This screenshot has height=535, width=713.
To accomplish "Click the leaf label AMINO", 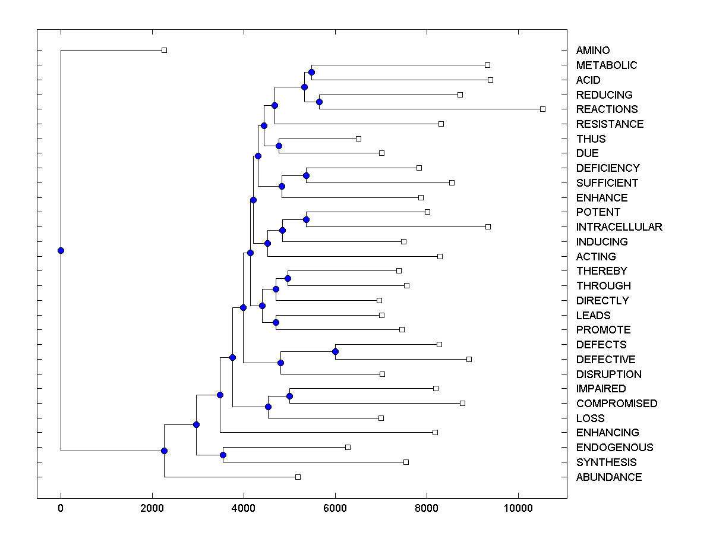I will (x=592, y=51).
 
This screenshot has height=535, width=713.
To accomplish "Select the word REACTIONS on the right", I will (x=607, y=109).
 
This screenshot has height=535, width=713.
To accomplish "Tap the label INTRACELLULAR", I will (x=619, y=227).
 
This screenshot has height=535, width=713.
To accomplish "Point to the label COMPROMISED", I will (x=616, y=404).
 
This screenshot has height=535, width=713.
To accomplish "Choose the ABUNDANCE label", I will (x=608, y=477).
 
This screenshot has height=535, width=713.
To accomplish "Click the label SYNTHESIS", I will (x=606, y=462).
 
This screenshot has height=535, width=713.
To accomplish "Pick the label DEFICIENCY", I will (x=607, y=168).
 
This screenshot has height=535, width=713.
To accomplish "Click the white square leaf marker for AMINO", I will (x=165, y=51).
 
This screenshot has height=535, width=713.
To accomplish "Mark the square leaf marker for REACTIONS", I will (x=542, y=109).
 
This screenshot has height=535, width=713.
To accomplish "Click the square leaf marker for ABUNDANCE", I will (x=298, y=477).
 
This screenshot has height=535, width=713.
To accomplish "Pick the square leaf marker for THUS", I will (x=358, y=139).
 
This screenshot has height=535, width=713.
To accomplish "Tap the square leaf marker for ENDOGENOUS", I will (x=348, y=447).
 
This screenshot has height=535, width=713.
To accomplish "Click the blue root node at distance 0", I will (x=61, y=250).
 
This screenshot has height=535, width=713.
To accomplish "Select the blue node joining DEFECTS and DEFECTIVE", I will (x=335, y=352).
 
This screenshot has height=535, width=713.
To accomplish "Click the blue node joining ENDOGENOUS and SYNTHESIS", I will (x=223, y=455).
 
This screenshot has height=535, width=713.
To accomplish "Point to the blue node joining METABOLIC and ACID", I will (x=311, y=72).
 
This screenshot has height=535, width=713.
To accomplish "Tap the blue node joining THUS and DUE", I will (x=279, y=146).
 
